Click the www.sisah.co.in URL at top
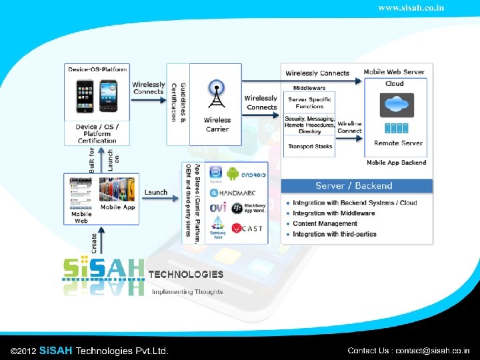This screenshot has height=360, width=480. coord(411,8)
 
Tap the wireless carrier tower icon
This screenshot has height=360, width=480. coord(216,94)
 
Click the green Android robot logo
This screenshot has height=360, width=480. coord(233,174)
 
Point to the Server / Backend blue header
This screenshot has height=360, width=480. coord(353,185)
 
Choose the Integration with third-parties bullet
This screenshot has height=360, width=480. coord(334,234)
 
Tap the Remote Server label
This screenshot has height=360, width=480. coord(398,143)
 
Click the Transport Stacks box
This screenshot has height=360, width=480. coord(310,147)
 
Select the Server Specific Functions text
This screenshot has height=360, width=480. coord(310,103)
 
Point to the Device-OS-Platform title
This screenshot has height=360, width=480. coord(97,69)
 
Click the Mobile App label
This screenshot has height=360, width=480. coord(117,207)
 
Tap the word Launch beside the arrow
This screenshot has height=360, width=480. coord(156,192)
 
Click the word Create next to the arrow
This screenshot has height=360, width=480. coord(95,243)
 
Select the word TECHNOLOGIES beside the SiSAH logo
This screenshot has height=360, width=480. coord(185,274)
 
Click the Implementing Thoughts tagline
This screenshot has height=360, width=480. coord(187,291)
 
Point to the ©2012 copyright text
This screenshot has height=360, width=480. coord(24,351)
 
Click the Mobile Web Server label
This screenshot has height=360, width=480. coord(394,72)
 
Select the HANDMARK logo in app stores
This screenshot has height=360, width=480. coord(238,192)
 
